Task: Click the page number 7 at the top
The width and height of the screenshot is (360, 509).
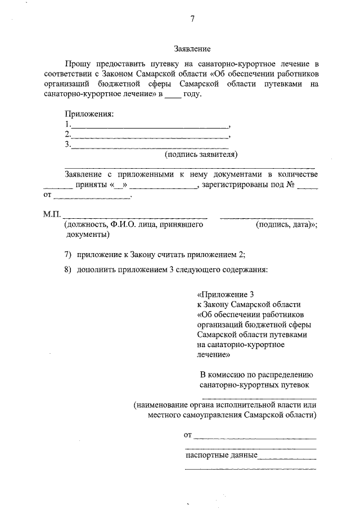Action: click(x=192, y=19)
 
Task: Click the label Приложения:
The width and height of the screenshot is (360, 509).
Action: click(x=89, y=114)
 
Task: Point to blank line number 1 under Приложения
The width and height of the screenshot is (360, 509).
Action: click(x=149, y=124)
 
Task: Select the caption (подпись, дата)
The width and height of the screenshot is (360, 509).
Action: click(x=285, y=224)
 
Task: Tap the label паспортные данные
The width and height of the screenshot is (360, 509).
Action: click(x=221, y=455)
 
